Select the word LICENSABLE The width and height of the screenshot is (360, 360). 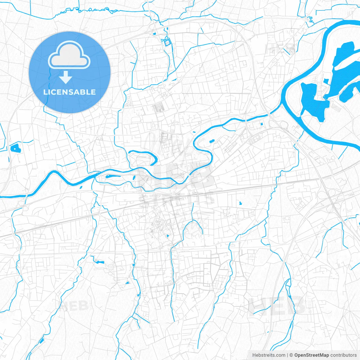(69, 92)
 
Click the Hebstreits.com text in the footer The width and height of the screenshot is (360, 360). (269, 355)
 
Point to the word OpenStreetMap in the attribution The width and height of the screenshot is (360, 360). (312, 355)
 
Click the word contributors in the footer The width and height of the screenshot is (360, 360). (343, 355)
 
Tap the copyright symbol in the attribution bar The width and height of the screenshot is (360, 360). (291, 355)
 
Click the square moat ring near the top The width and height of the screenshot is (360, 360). (167, 42)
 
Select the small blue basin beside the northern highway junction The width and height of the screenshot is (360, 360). (154, 34)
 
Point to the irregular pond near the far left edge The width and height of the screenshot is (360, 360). (14, 148)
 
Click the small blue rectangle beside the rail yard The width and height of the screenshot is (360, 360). (262, 124)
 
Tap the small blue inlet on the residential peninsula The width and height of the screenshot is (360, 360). (326, 82)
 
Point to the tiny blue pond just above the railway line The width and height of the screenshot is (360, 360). (240, 203)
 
